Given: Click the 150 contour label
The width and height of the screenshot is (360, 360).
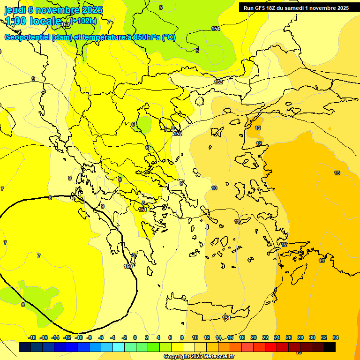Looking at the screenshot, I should click(x=128, y=266).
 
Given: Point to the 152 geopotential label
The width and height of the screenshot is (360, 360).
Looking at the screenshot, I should click(x=177, y=134).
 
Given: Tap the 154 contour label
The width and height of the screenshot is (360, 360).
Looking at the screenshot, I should click(x=215, y=29).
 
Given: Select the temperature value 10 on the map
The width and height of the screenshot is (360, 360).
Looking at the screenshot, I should click(x=214, y=188).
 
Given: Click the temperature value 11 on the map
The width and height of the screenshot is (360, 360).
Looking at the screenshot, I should click(x=237, y=221).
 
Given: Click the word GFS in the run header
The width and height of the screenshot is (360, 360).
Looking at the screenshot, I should click(x=262, y=8).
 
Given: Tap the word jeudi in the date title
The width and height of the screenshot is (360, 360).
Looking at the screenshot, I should click(x=16, y=10).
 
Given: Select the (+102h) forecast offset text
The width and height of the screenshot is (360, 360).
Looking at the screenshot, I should click(x=84, y=21).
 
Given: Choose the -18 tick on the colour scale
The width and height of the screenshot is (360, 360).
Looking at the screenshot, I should click(x=32, y=337).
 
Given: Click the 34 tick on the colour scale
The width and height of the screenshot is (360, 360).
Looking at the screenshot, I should click(x=336, y=337).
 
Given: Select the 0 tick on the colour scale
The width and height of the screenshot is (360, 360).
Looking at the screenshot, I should click(x=135, y=337).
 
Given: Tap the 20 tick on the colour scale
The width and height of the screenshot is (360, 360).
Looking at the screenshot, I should click(x=254, y=337).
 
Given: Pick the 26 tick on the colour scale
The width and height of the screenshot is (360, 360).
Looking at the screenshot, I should click(x=289, y=337).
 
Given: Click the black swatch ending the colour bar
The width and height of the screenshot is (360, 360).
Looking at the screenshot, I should click(x=330, y=347).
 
